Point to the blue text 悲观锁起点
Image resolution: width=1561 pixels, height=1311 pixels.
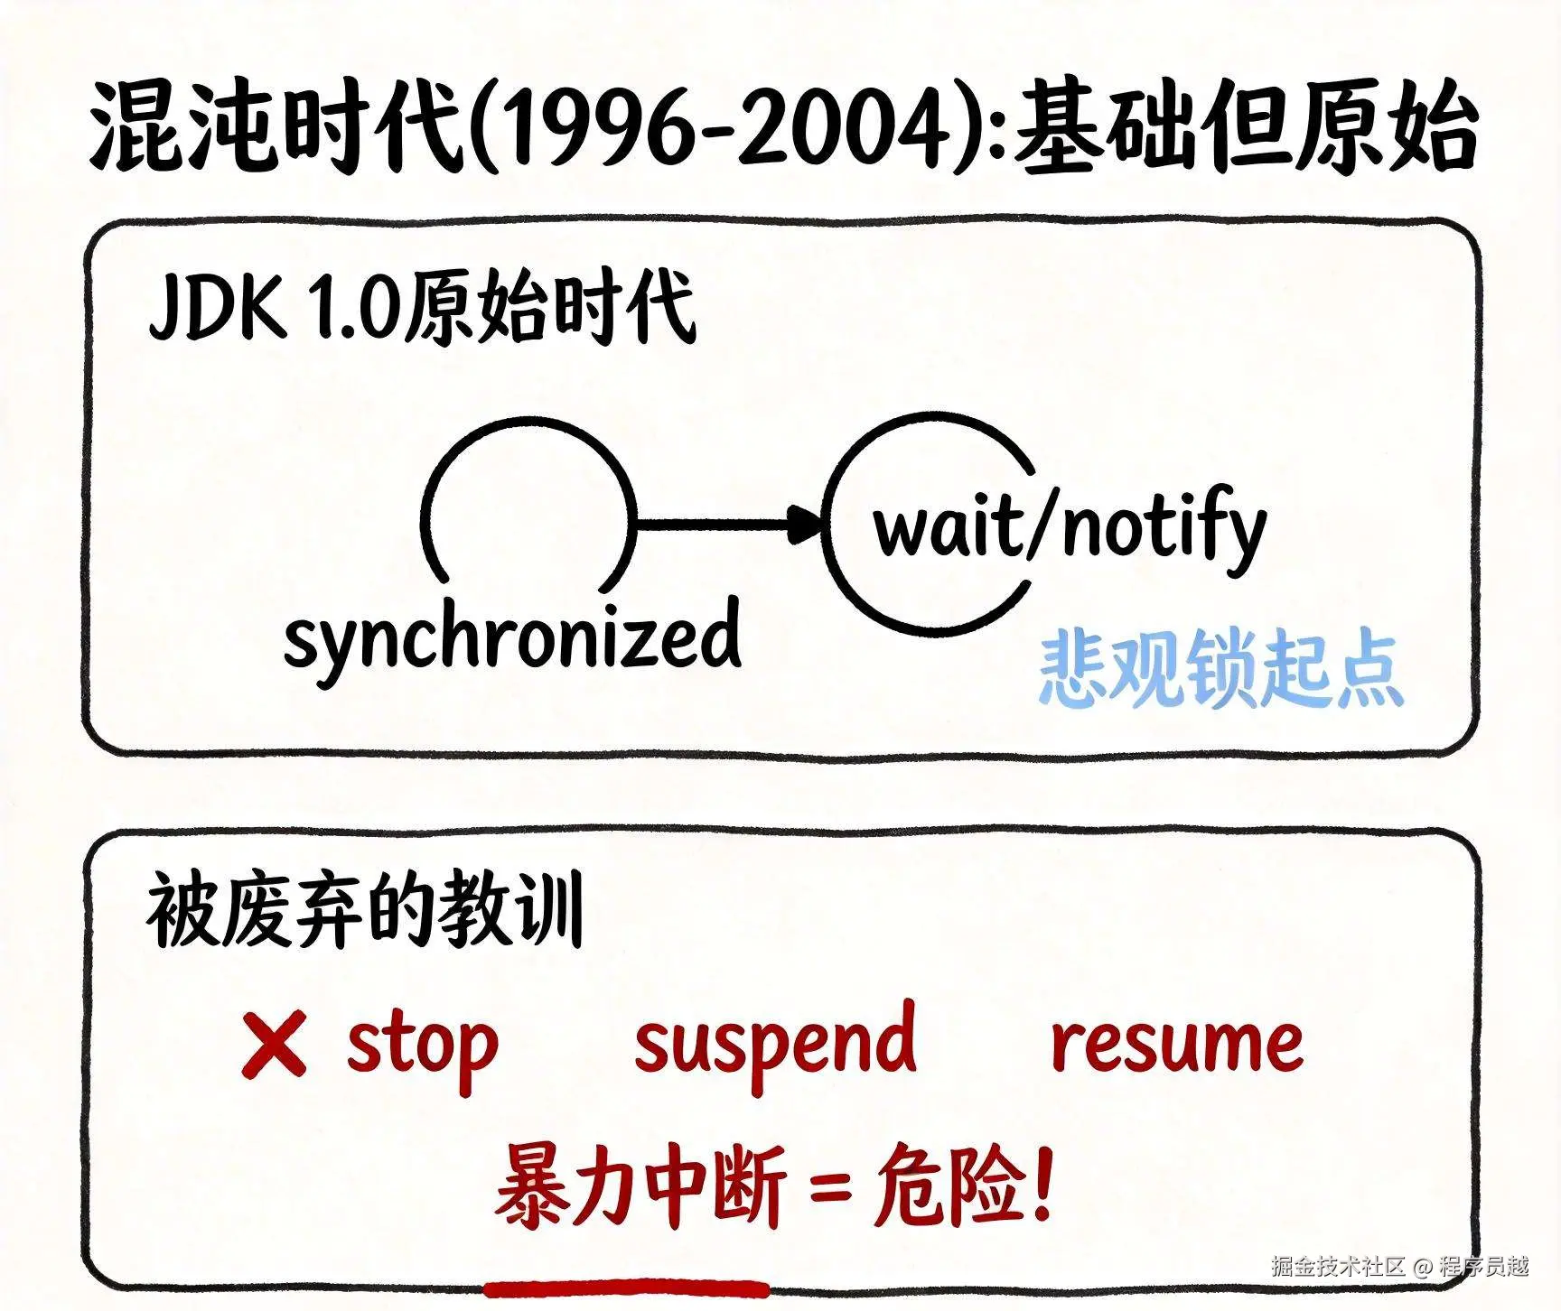pos(1219,670)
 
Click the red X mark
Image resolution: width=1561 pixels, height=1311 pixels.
pos(274,1044)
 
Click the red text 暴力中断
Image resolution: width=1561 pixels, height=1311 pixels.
pos(641,1185)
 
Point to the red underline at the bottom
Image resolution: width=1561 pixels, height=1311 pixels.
pos(626,1286)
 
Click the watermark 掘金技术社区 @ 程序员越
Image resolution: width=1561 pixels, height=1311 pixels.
pos(1399,1266)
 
